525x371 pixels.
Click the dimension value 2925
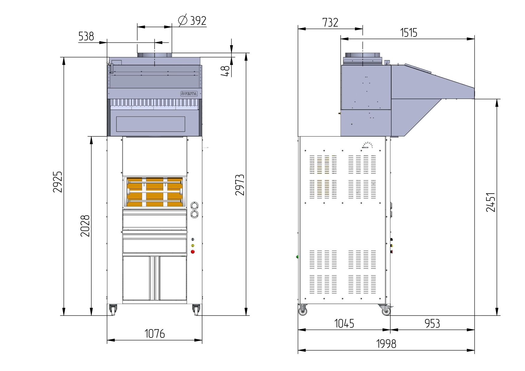pyautogui.click(x=57, y=182)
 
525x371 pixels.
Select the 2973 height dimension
pyautogui.click(x=240, y=185)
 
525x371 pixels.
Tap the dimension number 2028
pyautogui.click(x=85, y=226)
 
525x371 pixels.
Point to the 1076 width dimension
pyautogui.click(x=154, y=334)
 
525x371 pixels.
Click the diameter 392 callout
pyautogui.click(x=192, y=21)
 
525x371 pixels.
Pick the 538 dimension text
pyautogui.click(x=86, y=36)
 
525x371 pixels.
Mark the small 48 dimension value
pyautogui.click(x=225, y=71)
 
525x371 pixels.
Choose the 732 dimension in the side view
pyautogui.click(x=330, y=22)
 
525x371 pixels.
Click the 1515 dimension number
pyautogui.click(x=409, y=33)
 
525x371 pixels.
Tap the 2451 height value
pyautogui.click(x=491, y=202)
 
